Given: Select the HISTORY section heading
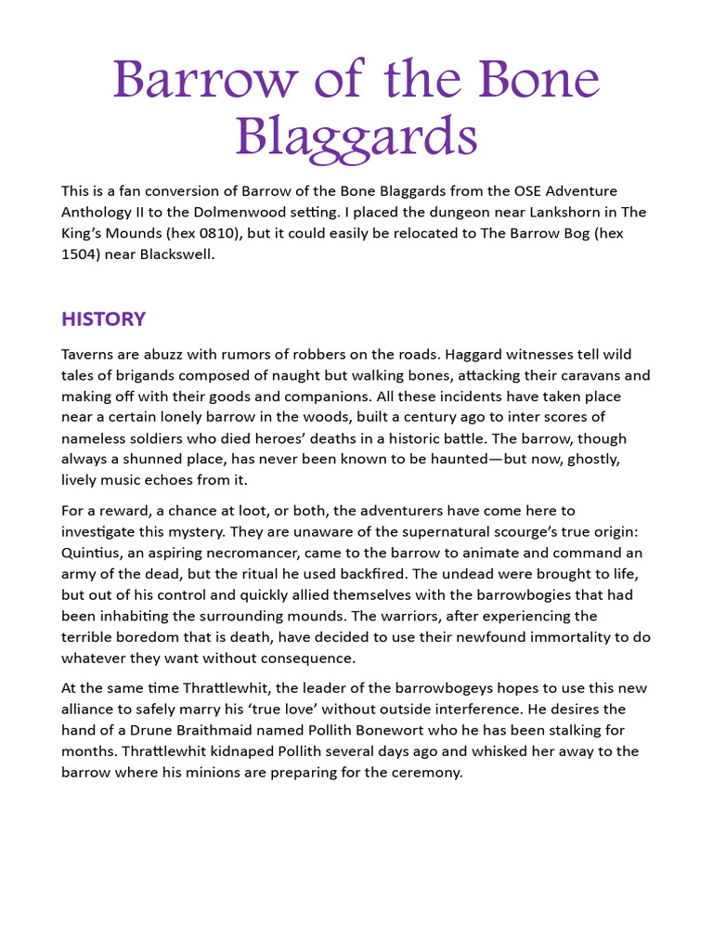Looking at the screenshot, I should (103, 319).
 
